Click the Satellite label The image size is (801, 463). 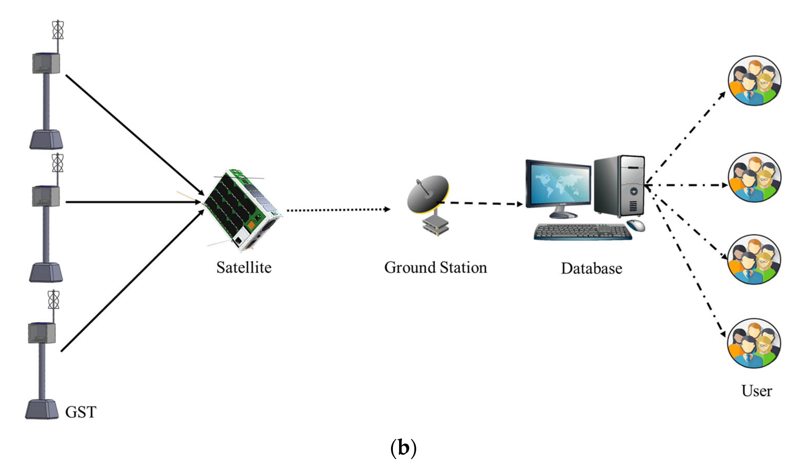coord(244,268)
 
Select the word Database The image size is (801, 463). coord(591,269)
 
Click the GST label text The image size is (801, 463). coord(81,413)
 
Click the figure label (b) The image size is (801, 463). coord(403,448)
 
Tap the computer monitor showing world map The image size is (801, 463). coord(559,187)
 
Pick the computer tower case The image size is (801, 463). coord(619,186)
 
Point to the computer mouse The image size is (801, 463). coord(636,226)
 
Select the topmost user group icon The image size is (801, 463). coord(754,81)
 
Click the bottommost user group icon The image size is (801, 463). coord(754,343)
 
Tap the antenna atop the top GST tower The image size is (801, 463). coord(57,30)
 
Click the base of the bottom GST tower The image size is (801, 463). coord(42,410)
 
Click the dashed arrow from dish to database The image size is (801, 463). coord(481,203)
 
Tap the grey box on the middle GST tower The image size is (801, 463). coord(46,197)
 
